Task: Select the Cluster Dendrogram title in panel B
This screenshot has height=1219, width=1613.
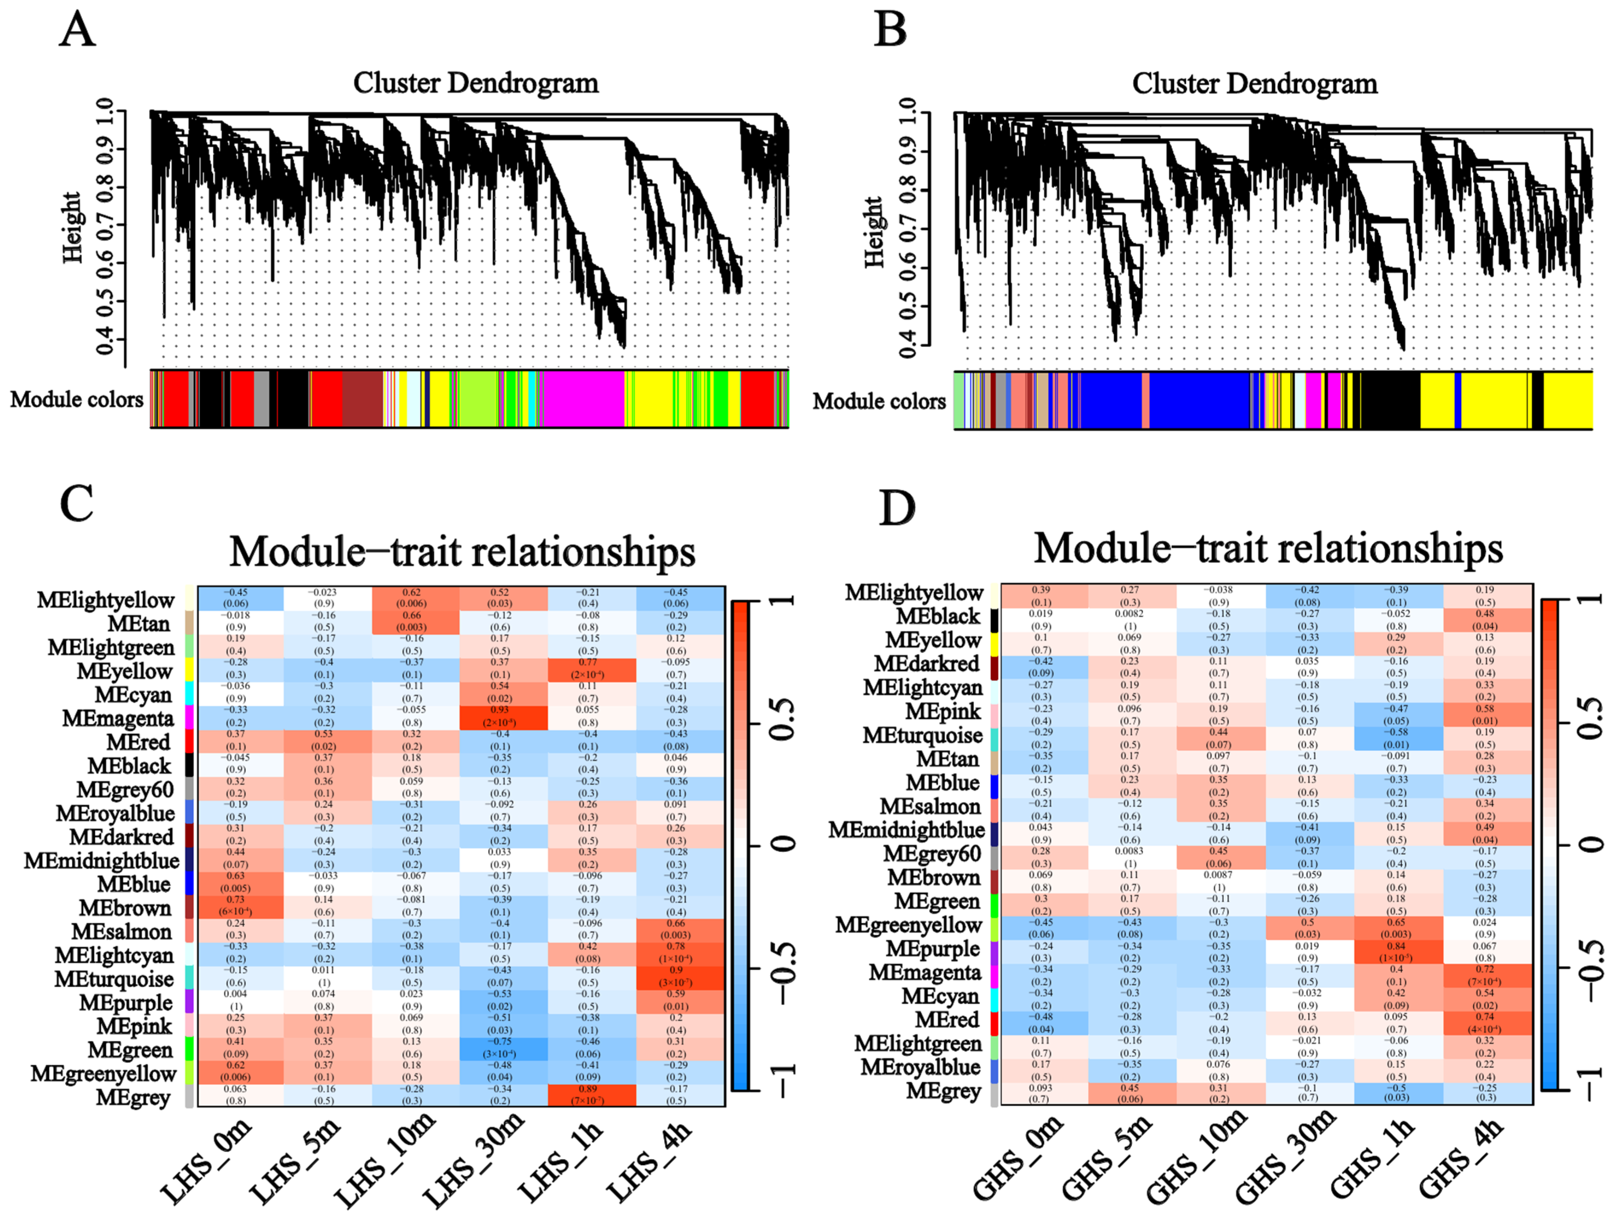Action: (x=1254, y=84)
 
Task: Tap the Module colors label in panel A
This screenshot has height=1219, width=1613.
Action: (x=76, y=400)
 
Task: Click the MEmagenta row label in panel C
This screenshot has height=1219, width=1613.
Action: (x=118, y=718)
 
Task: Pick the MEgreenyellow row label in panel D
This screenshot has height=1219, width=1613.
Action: (x=909, y=925)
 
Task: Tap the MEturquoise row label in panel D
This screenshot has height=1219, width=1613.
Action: (x=923, y=735)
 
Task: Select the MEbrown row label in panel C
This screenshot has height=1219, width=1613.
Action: (x=125, y=908)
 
